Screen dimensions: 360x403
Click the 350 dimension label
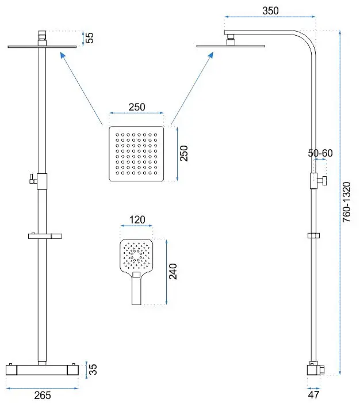pyautogui.click(x=270, y=11)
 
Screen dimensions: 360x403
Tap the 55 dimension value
pyautogui.click(x=90, y=38)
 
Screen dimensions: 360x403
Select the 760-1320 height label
pyautogui.click(x=347, y=202)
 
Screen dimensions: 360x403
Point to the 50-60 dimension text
pyautogui.click(x=320, y=153)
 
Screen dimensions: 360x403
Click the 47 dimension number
pyautogui.click(x=313, y=394)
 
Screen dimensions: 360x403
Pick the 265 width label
pyautogui.click(x=43, y=396)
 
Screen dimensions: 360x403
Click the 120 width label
pyautogui.click(x=137, y=220)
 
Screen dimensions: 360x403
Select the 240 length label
pyautogui.click(x=173, y=271)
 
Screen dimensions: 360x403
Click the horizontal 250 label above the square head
pyautogui.click(x=137, y=107)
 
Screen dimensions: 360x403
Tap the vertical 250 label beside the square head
pyautogui.click(x=184, y=154)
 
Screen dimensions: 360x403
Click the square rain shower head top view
pyautogui.click(x=136, y=154)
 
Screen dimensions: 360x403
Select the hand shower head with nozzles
pyautogui.click(x=136, y=256)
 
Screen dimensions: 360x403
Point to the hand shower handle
pyautogui.click(x=136, y=288)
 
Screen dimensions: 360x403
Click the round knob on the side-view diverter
pyautogui.click(x=324, y=181)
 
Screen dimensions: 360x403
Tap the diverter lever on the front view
pyautogui.click(x=32, y=179)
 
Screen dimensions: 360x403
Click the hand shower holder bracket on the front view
pyautogui.click(x=45, y=236)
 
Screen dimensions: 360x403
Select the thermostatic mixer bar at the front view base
pyautogui.click(x=42, y=370)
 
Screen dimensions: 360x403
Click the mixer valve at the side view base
pyautogui.click(x=314, y=370)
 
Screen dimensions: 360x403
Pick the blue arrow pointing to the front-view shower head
pyautogui.click(x=82, y=88)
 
